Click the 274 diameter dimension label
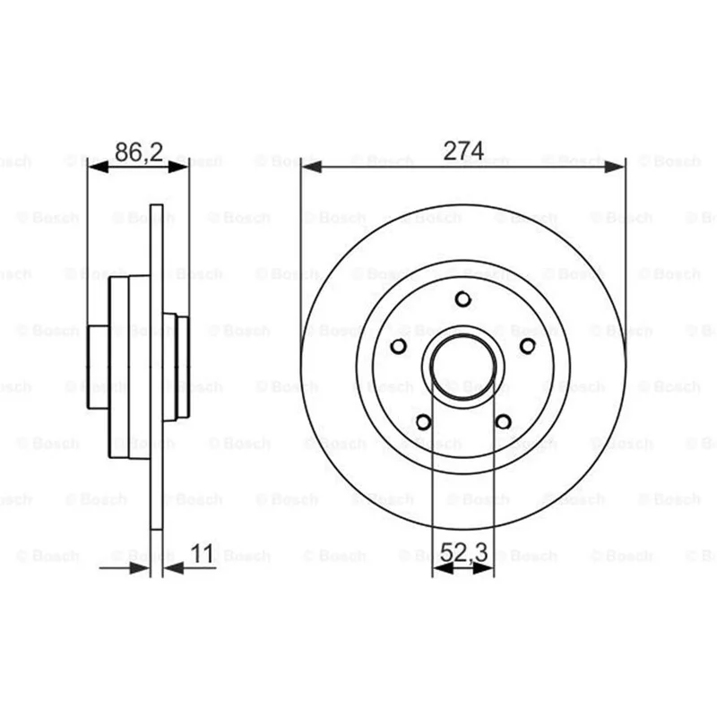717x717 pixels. [463, 151]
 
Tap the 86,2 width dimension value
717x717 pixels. [139, 151]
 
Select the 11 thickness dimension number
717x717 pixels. [203, 554]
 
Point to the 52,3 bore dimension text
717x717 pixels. [464, 552]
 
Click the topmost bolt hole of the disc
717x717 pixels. [463, 299]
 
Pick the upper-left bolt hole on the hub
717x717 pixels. [398, 346]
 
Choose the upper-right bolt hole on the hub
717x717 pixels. [528, 346]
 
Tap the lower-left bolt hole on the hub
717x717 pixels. [423, 421]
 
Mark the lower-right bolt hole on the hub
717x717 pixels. [503, 421]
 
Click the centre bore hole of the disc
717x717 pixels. [463, 367]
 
